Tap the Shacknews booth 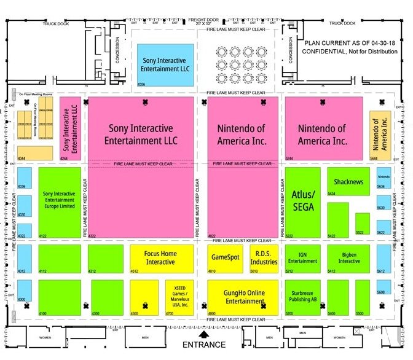click(x=348, y=182)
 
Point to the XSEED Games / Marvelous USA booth click(x=180, y=297)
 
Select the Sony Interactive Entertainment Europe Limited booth click(x=59, y=202)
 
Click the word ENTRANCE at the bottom click(x=203, y=345)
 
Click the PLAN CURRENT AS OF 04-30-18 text click(x=348, y=43)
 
